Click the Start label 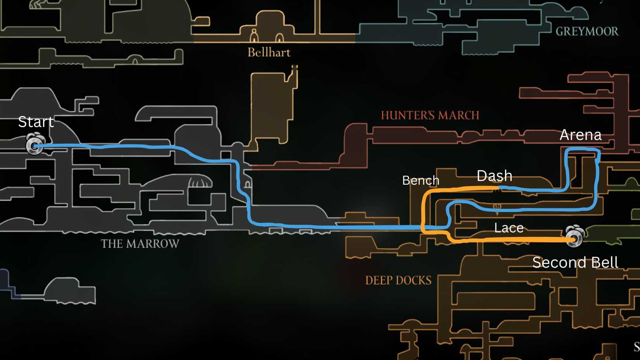coord(36,122)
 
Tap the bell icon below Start coord(35,144)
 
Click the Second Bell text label coord(575,263)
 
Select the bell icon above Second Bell coord(574,235)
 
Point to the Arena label coord(580,135)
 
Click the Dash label coord(494,176)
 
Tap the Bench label coord(420,180)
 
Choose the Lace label coord(509,228)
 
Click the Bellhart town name coord(269,52)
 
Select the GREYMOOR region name coord(587,31)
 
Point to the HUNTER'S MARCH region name coord(430,115)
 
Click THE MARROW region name coord(140,244)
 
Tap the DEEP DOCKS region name coord(398,280)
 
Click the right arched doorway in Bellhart coord(279,38)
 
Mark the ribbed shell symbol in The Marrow coord(200,181)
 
